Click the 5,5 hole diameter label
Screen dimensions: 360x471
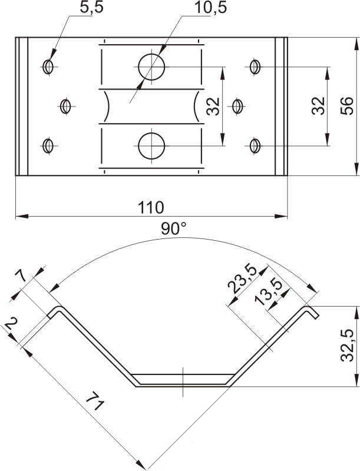(x=92, y=7)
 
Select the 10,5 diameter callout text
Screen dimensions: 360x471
(x=210, y=8)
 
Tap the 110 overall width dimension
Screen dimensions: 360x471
(x=151, y=207)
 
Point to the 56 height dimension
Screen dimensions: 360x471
(x=347, y=106)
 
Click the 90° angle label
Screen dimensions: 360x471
(x=174, y=228)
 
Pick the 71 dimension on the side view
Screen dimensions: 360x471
(x=95, y=401)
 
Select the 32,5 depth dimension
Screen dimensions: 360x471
(x=348, y=346)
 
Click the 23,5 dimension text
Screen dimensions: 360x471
(x=242, y=278)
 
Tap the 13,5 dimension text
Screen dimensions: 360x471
(x=267, y=292)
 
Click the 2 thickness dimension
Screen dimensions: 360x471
(x=11, y=324)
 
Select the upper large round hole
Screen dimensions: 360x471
(x=151, y=67)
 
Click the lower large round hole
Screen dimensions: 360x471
(x=151, y=146)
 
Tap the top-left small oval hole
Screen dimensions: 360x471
(x=48, y=67)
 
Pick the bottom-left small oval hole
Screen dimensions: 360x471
(x=48, y=146)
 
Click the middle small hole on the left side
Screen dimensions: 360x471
(x=65, y=106)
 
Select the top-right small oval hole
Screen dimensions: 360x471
(x=255, y=67)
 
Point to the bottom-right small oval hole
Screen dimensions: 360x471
(x=255, y=146)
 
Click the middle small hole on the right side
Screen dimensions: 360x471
(x=237, y=106)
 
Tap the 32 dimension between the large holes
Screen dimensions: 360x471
(x=213, y=106)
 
